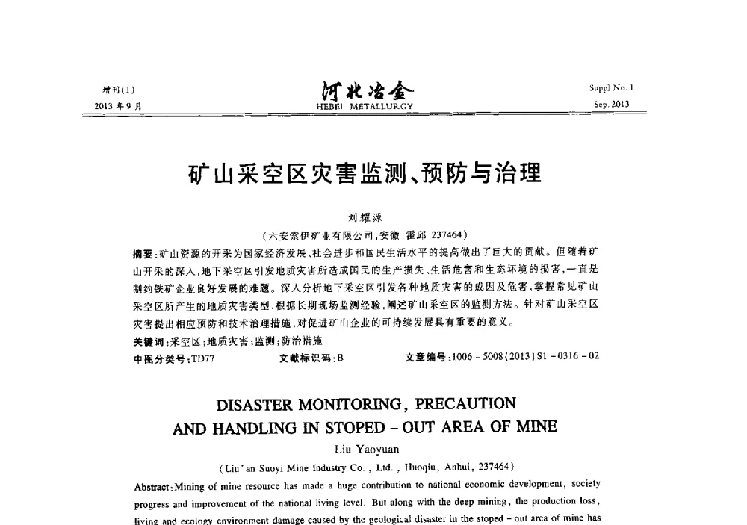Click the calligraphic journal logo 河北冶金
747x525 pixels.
(x=365, y=91)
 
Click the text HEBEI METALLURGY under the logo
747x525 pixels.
(x=365, y=106)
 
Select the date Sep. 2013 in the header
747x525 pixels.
(x=611, y=105)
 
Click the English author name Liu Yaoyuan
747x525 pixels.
(x=365, y=449)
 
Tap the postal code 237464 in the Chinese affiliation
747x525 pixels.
(x=445, y=234)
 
